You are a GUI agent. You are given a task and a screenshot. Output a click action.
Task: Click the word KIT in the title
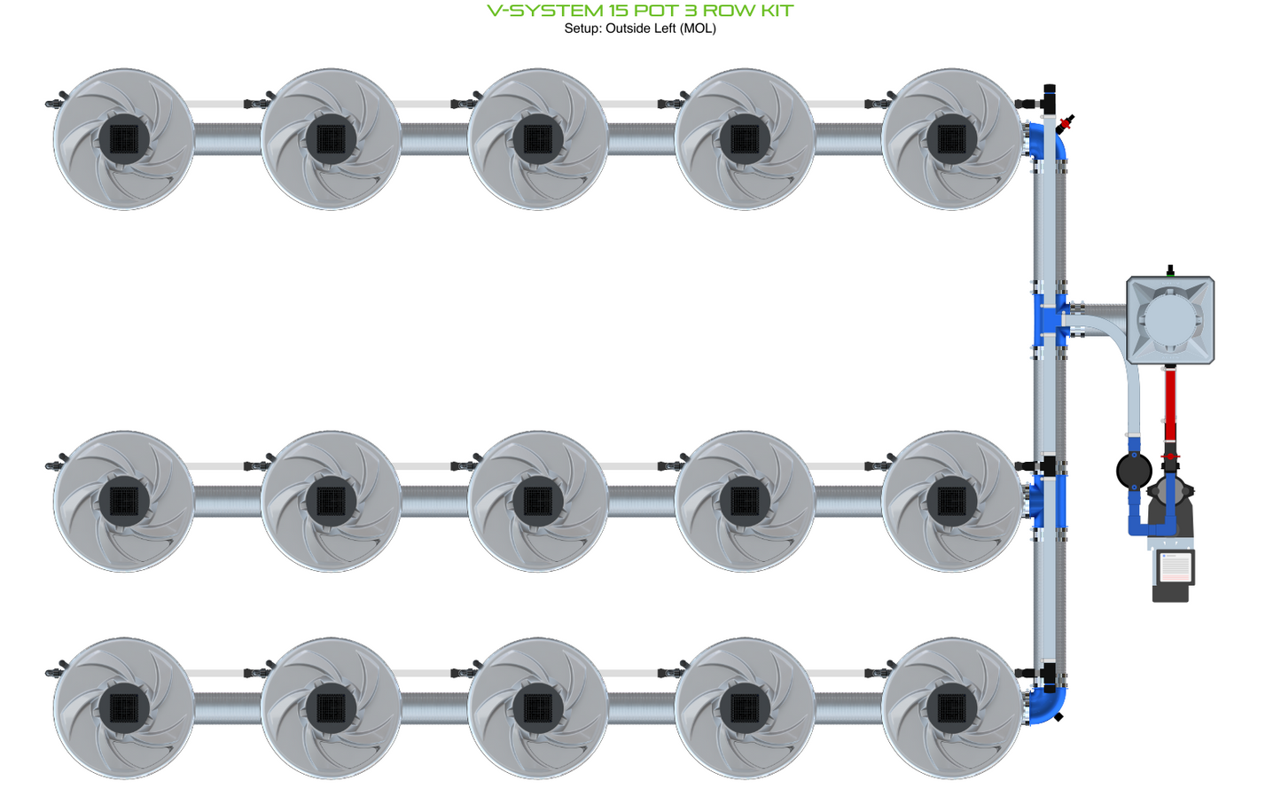(x=770, y=11)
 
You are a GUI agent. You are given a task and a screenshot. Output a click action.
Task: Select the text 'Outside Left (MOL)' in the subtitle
(x=660, y=28)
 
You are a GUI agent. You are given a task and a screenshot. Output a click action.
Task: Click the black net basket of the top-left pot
(x=124, y=139)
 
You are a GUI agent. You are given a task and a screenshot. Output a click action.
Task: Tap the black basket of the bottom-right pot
(x=951, y=708)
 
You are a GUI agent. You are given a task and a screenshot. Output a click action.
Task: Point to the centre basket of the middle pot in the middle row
(x=538, y=501)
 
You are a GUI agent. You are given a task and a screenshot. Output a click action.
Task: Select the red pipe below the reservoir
(x=1170, y=403)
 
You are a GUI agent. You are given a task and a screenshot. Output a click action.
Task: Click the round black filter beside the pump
(x=1134, y=471)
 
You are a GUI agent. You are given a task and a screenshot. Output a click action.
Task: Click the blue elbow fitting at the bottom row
(x=1048, y=706)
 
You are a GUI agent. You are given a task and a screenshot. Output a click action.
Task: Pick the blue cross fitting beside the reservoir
(x=1051, y=319)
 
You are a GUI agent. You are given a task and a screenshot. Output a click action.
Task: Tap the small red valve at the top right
(x=1066, y=123)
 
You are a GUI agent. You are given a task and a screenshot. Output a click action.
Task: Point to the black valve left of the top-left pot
(x=55, y=103)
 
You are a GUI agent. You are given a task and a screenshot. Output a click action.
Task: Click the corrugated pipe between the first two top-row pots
(x=227, y=139)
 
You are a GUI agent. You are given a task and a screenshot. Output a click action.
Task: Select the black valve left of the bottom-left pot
(x=55, y=672)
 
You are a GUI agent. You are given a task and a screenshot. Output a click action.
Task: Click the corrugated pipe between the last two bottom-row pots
(x=847, y=708)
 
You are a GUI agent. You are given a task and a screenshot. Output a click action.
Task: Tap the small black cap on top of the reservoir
(x=1170, y=269)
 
